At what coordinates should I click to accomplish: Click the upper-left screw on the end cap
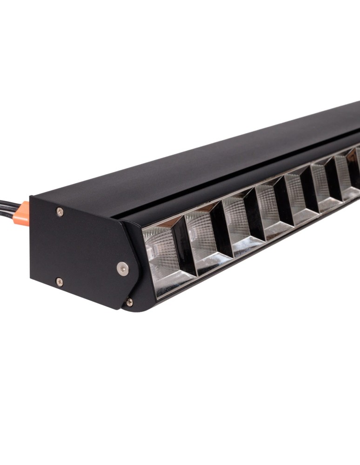coord(60,212)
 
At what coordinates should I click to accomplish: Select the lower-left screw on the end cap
coord(59,281)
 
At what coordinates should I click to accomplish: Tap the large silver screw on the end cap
coord(123,268)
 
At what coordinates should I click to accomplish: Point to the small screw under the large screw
coord(129,302)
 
